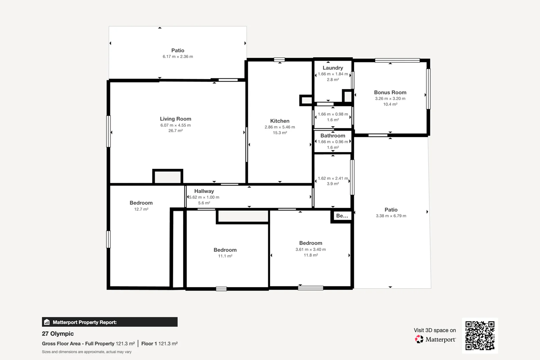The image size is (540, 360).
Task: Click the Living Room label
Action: [175, 119]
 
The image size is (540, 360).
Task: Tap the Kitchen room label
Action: [280, 121]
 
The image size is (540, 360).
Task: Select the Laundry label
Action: [333, 68]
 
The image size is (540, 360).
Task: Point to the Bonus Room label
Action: [390, 92]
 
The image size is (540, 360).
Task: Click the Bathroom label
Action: [333, 136]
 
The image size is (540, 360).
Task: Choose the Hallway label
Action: [204, 191]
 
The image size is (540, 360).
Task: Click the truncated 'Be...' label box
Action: [342, 216]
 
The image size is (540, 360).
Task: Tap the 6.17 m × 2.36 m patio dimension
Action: [178, 57]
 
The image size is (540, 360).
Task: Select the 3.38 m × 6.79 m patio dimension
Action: [391, 216]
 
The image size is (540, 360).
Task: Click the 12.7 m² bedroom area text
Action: [141, 209]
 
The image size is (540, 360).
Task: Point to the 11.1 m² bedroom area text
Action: [225, 256]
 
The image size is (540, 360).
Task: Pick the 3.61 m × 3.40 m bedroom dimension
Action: [310, 249]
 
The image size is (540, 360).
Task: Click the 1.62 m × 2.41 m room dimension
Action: [333, 178]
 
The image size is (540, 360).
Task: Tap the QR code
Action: [480, 335]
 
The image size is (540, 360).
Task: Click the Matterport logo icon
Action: [419, 339]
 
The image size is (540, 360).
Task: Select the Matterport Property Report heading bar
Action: [110, 322]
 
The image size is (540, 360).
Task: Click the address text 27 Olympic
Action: [58, 334]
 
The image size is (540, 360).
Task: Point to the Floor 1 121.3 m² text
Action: [159, 344]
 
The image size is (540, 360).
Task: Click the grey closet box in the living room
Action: [168, 177]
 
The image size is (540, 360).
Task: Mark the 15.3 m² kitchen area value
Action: [280, 133]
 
